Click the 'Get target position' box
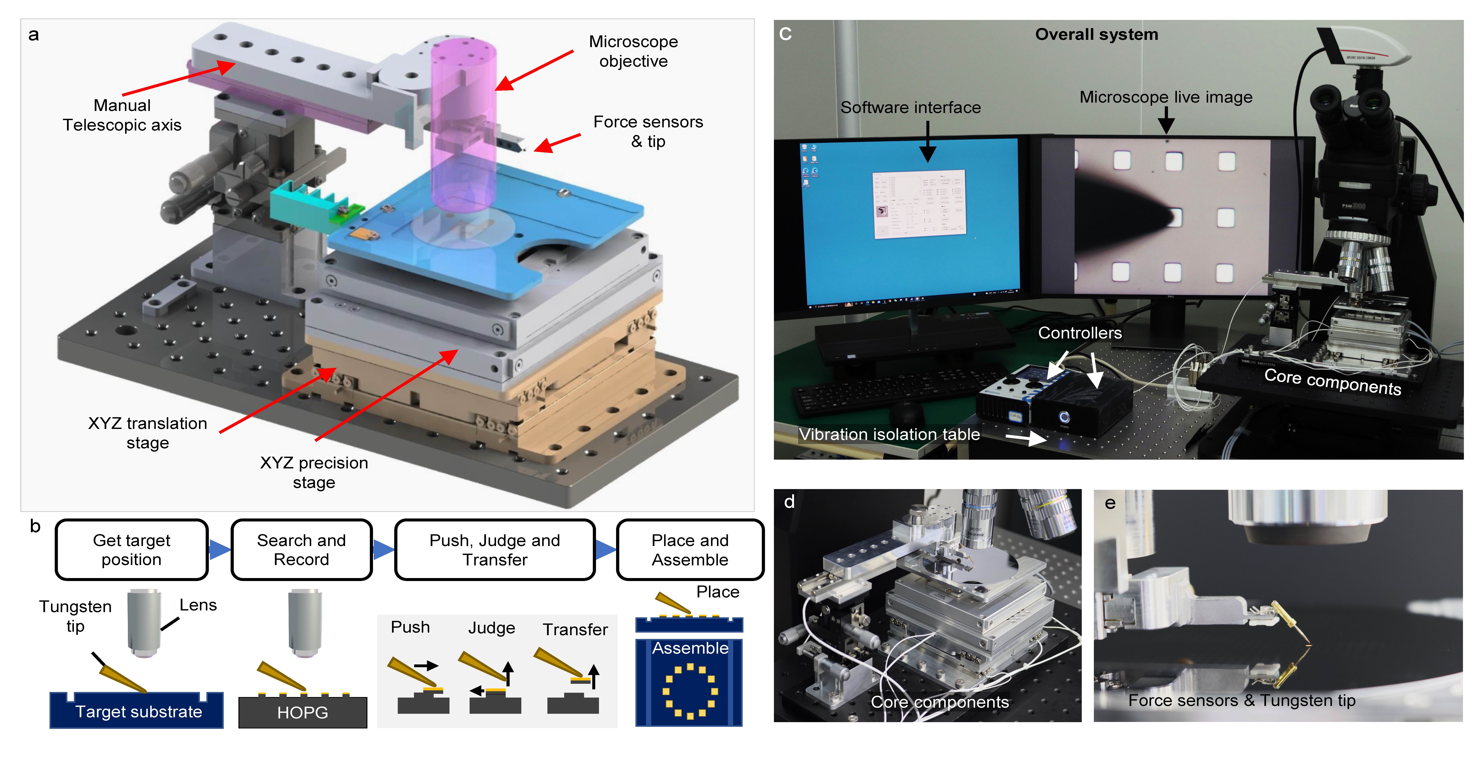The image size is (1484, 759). click(131, 549)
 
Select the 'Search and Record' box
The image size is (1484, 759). click(301, 549)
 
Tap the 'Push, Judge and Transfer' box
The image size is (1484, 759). click(494, 549)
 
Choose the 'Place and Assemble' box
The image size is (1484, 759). click(690, 549)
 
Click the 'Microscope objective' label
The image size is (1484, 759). click(633, 51)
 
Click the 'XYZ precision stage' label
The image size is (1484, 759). click(314, 472)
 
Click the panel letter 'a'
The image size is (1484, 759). click(34, 35)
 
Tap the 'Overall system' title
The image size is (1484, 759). click(1096, 35)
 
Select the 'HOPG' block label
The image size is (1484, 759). click(302, 712)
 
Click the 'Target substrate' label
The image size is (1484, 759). click(139, 711)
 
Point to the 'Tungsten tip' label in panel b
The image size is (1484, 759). click(75, 615)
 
